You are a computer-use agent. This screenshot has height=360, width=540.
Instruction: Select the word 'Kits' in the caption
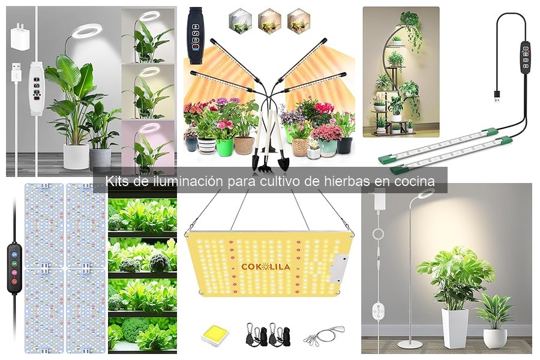pyautogui.click(x=118, y=181)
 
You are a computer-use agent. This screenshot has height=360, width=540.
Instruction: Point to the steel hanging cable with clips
pyautogui.click(x=323, y=335)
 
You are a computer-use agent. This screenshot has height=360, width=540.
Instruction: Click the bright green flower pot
pyautogui.click(x=224, y=146)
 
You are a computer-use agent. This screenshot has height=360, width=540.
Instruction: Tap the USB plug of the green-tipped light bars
pyautogui.click(x=497, y=96)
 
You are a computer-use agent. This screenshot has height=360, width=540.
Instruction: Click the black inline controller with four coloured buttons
pyautogui.click(x=13, y=267)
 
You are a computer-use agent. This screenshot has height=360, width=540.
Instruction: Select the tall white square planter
pyautogui.click(x=454, y=327)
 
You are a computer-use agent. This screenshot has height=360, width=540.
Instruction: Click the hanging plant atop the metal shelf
pyautogui.click(x=411, y=24)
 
